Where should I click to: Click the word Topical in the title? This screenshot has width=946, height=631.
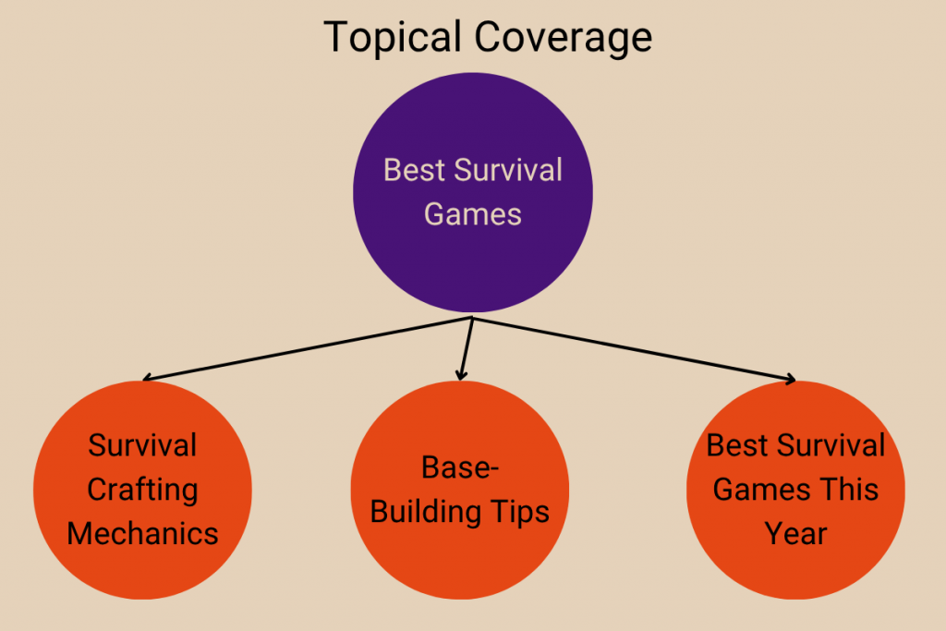coord(394,38)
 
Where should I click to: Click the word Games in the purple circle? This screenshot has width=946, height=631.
coord(473,214)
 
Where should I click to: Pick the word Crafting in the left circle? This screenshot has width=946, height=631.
coord(142,490)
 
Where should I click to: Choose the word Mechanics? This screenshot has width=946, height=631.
coord(142,533)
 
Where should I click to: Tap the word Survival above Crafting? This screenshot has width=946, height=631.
coord(142,445)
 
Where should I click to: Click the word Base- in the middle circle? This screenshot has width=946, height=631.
coord(460,467)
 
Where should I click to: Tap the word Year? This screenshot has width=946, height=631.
coord(795,533)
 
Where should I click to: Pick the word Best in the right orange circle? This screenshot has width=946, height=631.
coord(736,445)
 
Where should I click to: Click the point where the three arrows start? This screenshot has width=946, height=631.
coord(473,318)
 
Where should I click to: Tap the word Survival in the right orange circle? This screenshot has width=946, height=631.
coord(829,445)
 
